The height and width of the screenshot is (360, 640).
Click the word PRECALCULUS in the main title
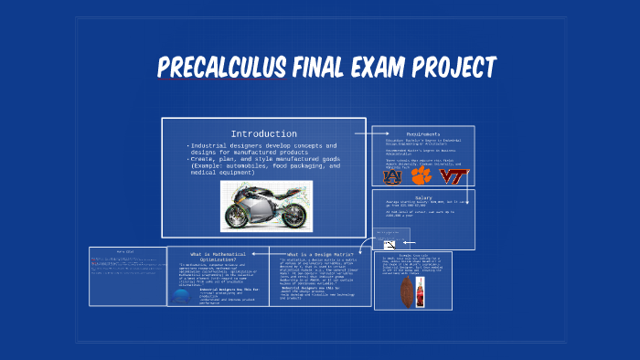tap(211, 69)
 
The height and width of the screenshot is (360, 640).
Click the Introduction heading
tap(263, 133)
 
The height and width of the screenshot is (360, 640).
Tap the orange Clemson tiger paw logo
tap(421, 175)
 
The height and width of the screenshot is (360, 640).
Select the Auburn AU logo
tap(392, 176)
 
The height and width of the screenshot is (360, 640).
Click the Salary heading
tap(421, 195)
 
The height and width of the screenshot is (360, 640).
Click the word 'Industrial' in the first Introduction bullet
tap(209, 145)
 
